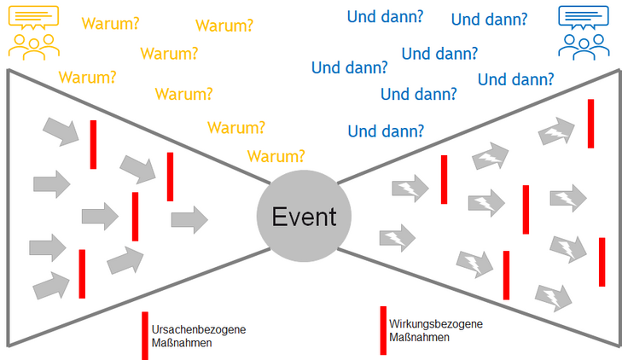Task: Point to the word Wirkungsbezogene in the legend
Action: click(x=435, y=324)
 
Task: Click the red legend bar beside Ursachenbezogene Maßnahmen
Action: click(x=145, y=334)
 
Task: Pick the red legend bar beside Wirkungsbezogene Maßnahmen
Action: click(x=383, y=329)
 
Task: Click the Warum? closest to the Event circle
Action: click(x=276, y=156)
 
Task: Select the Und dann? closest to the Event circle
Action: click(x=386, y=131)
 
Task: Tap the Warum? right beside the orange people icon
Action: click(x=111, y=24)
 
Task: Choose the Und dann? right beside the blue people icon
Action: click(x=488, y=19)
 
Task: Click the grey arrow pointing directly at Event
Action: click(x=189, y=219)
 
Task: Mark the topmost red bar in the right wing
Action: click(x=590, y=123)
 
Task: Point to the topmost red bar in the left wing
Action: click(x=93, y=144)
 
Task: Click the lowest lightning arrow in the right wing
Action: click(x=552, y=297)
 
